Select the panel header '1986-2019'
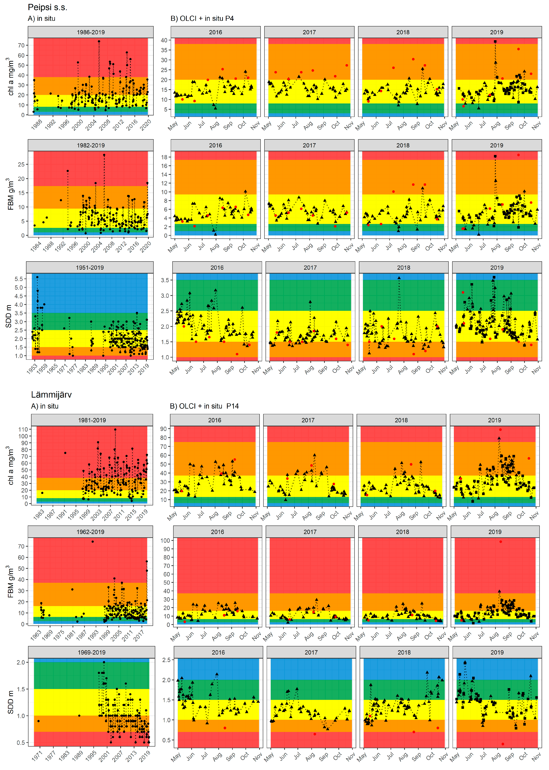91,32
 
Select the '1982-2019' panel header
91,145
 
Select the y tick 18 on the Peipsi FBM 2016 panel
164,157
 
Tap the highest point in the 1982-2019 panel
104,155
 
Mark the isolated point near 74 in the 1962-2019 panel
93,541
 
